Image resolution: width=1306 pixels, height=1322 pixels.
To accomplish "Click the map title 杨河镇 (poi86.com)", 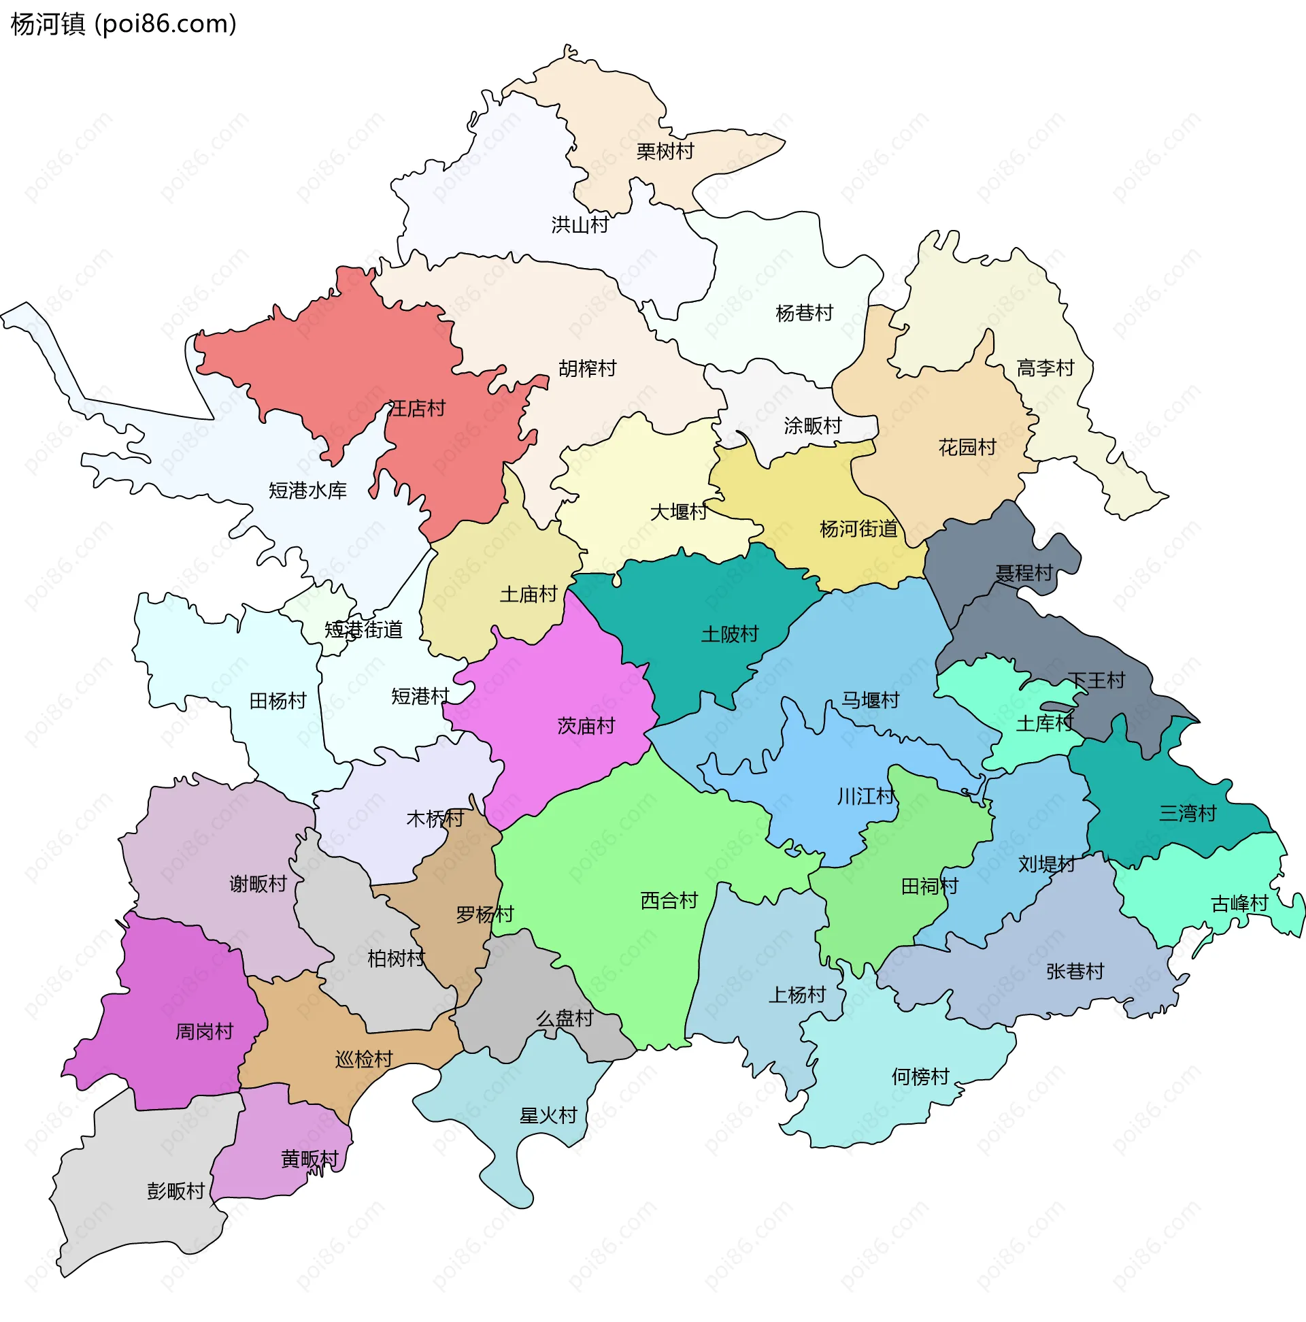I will [x=124, y=24].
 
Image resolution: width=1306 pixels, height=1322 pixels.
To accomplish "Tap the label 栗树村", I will [x=665, y=151].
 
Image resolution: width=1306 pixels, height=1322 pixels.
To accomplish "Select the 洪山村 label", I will [x=580, y=225].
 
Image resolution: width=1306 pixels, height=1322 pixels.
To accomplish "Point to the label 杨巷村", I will [x=805, y=314].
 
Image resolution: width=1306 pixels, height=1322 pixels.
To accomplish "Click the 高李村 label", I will [x=1045, y=368].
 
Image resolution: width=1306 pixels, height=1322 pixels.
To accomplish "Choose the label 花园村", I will [x=967, y=448].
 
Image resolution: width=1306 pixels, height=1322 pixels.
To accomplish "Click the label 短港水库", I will [x=308, y=491].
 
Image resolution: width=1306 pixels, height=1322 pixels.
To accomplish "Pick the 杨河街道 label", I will [x=858, y=529].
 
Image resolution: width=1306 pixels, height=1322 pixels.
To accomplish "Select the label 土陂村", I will [x=730, y=634].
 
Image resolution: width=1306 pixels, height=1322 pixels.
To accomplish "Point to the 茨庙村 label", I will [x=586, y=725].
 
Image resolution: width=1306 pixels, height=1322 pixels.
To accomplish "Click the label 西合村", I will [x=669, y=900].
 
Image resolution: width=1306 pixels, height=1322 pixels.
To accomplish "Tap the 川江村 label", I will [x=866, y=797].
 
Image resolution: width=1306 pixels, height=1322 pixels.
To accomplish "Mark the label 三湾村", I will [x=1188, y=813].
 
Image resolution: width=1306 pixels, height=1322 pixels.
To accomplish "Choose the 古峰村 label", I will [x=1239, y=904].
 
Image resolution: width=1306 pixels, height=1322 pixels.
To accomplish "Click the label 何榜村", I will [x=920, y=1077].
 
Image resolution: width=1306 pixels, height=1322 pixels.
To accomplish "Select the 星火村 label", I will [x=549, y=1115].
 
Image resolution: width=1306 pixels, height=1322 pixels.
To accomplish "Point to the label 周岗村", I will [x=205, y=1031].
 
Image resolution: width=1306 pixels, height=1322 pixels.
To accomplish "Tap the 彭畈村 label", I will [x=175, y=1191].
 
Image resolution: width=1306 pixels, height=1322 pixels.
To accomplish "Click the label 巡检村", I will [x=364, y=1059].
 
